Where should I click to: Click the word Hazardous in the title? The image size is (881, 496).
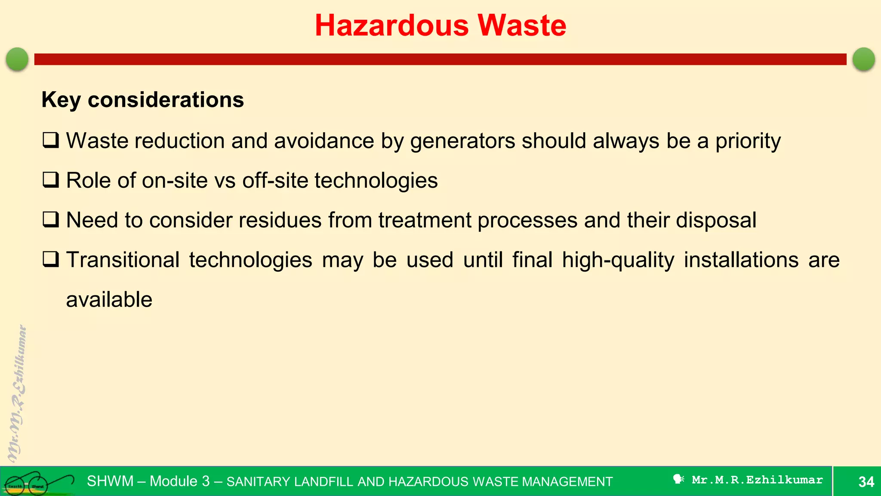391,25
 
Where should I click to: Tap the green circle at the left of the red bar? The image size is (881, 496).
17,59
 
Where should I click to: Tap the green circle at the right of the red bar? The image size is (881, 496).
863,59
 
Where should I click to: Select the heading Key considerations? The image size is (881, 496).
142,100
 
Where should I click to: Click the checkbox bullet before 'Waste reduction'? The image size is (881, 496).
51,140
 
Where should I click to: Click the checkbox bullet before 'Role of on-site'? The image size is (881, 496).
51,180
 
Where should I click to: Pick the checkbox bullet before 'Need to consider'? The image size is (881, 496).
51,220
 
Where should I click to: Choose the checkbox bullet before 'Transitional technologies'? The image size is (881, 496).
51,259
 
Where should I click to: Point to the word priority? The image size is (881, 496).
748,141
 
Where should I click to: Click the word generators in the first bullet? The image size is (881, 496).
462,141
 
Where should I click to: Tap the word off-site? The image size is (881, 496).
275,180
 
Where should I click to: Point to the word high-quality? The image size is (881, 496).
618,260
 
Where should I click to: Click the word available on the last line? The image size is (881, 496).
109,300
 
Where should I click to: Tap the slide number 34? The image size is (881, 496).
866,481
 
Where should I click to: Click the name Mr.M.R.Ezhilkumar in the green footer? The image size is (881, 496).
757,480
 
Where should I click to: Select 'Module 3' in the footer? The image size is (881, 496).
179,481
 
